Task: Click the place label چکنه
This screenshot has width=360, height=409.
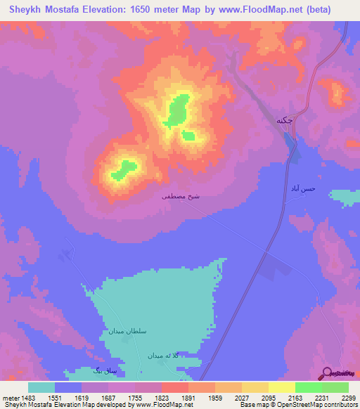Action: tap(284, 119)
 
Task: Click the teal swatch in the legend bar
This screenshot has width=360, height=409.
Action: tap(41, 387)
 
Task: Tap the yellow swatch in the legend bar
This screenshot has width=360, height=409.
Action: tap(255, 387)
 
